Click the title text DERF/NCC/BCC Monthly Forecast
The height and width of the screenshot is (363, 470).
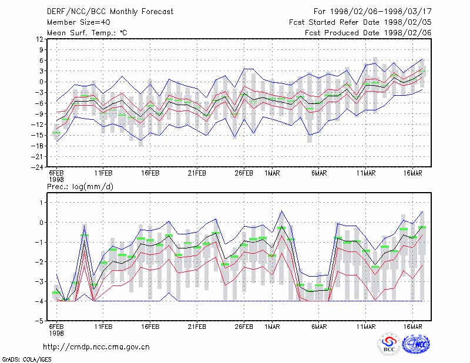110,12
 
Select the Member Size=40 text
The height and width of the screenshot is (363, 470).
79,22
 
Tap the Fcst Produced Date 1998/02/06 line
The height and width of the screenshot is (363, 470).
368,33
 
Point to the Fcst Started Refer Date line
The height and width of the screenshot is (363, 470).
360,22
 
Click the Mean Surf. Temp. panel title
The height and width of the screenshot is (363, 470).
87,33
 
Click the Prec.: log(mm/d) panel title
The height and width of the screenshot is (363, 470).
80,187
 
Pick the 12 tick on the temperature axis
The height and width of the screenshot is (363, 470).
39,39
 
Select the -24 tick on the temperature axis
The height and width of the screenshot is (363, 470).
37,167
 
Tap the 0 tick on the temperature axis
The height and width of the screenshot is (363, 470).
41,82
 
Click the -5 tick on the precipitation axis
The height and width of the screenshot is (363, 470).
40,321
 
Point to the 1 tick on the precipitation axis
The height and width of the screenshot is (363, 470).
41,203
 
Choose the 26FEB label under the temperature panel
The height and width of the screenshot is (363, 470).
244,173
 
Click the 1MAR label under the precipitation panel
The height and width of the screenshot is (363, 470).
272,327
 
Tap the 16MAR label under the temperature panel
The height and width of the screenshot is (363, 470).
413,173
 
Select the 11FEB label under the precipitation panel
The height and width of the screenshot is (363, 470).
103,327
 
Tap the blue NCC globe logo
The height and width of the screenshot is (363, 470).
416,344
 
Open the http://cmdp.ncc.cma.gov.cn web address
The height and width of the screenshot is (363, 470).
96,347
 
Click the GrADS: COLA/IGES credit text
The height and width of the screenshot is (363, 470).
27,359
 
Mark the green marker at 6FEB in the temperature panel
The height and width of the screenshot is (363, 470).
56,133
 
